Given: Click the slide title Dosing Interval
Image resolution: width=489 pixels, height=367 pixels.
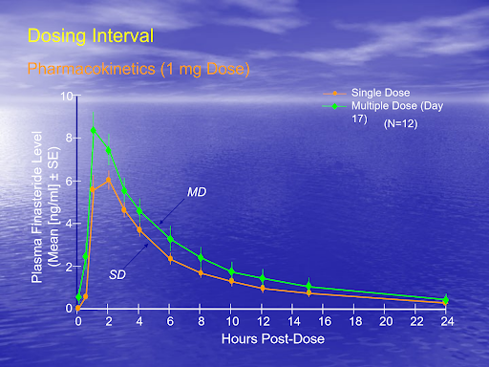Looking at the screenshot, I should coord(90,37).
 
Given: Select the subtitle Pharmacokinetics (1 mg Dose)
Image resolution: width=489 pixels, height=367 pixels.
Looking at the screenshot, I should coord(138,69).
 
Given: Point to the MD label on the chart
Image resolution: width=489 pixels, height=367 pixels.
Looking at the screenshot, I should coord(197,192).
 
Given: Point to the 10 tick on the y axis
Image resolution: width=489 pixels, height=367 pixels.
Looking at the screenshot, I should coord(66,96).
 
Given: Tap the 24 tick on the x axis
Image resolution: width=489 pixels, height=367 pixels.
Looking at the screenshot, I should coord(446,322).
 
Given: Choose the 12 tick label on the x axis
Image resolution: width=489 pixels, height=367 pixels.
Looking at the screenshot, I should coord(263,322).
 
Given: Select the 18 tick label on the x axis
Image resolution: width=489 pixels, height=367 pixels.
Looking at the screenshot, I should coord(354,322).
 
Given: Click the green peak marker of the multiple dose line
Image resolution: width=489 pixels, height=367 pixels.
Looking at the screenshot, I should coord(94,131).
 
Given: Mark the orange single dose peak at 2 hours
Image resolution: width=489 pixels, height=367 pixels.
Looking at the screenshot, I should coord(109,180).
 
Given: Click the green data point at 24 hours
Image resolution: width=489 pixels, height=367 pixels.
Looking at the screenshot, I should coord(445,300).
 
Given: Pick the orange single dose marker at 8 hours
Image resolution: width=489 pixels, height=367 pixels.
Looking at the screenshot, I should coord(201,272).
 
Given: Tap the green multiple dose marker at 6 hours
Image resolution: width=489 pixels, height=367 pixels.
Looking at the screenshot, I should coord(170,239).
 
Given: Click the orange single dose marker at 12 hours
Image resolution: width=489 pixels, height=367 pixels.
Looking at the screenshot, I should coord(262,288).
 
